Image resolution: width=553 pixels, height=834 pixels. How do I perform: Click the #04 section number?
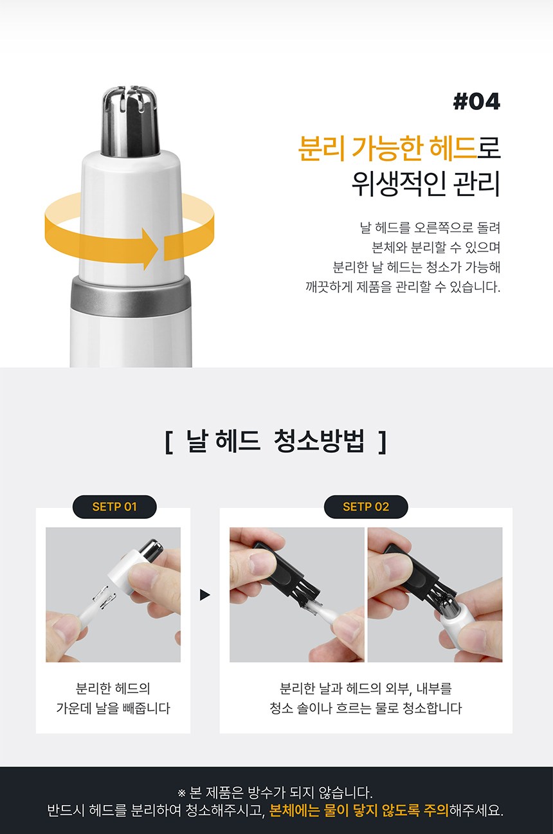click(476, 102)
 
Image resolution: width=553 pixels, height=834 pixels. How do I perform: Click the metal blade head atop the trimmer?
click(130, 121)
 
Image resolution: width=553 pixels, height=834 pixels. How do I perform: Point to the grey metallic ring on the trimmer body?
click(131, 296)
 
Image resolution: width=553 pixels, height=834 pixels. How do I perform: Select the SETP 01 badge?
click(114, 506)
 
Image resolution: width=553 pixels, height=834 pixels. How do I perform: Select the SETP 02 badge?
click(366, 506)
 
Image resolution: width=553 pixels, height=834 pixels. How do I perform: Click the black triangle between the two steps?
click(205, 595)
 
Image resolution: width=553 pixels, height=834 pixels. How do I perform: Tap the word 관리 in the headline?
click(477, 185)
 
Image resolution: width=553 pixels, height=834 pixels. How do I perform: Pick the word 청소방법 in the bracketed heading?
click(319, 441)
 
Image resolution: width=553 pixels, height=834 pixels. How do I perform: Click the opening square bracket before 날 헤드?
click(168, 442)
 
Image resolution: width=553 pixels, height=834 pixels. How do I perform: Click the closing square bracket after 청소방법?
click(382, 442)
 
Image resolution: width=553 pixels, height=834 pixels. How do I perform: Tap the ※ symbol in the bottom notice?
click(181, 793)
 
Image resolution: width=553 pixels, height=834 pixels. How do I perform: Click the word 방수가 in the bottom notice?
click(266, 793)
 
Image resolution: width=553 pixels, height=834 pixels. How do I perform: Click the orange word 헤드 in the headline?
click(453, 148)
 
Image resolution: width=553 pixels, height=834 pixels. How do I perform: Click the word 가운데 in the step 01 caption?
click(74, 708)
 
